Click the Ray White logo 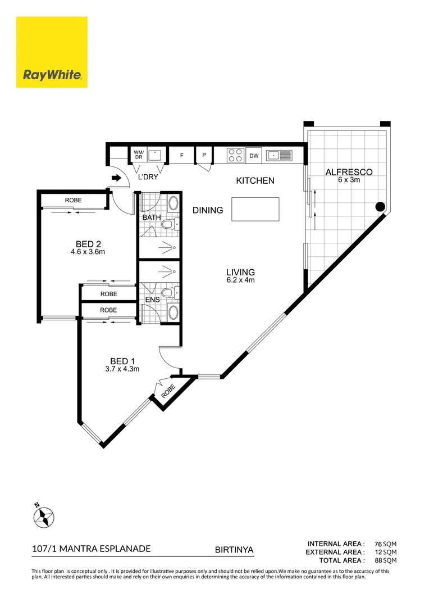[52, 52]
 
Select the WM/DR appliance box [139, 155]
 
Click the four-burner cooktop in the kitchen [235, 155]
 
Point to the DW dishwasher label [254, 156]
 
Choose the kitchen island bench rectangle [255, 209]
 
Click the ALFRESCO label [349, 173]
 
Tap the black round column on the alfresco [380, 207]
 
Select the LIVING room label [241, 272]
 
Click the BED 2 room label [88, 244]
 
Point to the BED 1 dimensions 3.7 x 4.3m [122, 369]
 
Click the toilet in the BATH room [170, 224]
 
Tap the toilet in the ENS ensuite [170, 293]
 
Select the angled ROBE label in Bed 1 [168, 391]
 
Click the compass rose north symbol [44, 517]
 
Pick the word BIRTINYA [234, 550]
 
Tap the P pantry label [204, 155]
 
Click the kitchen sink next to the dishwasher [279, 156]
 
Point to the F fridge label [182, 156]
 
